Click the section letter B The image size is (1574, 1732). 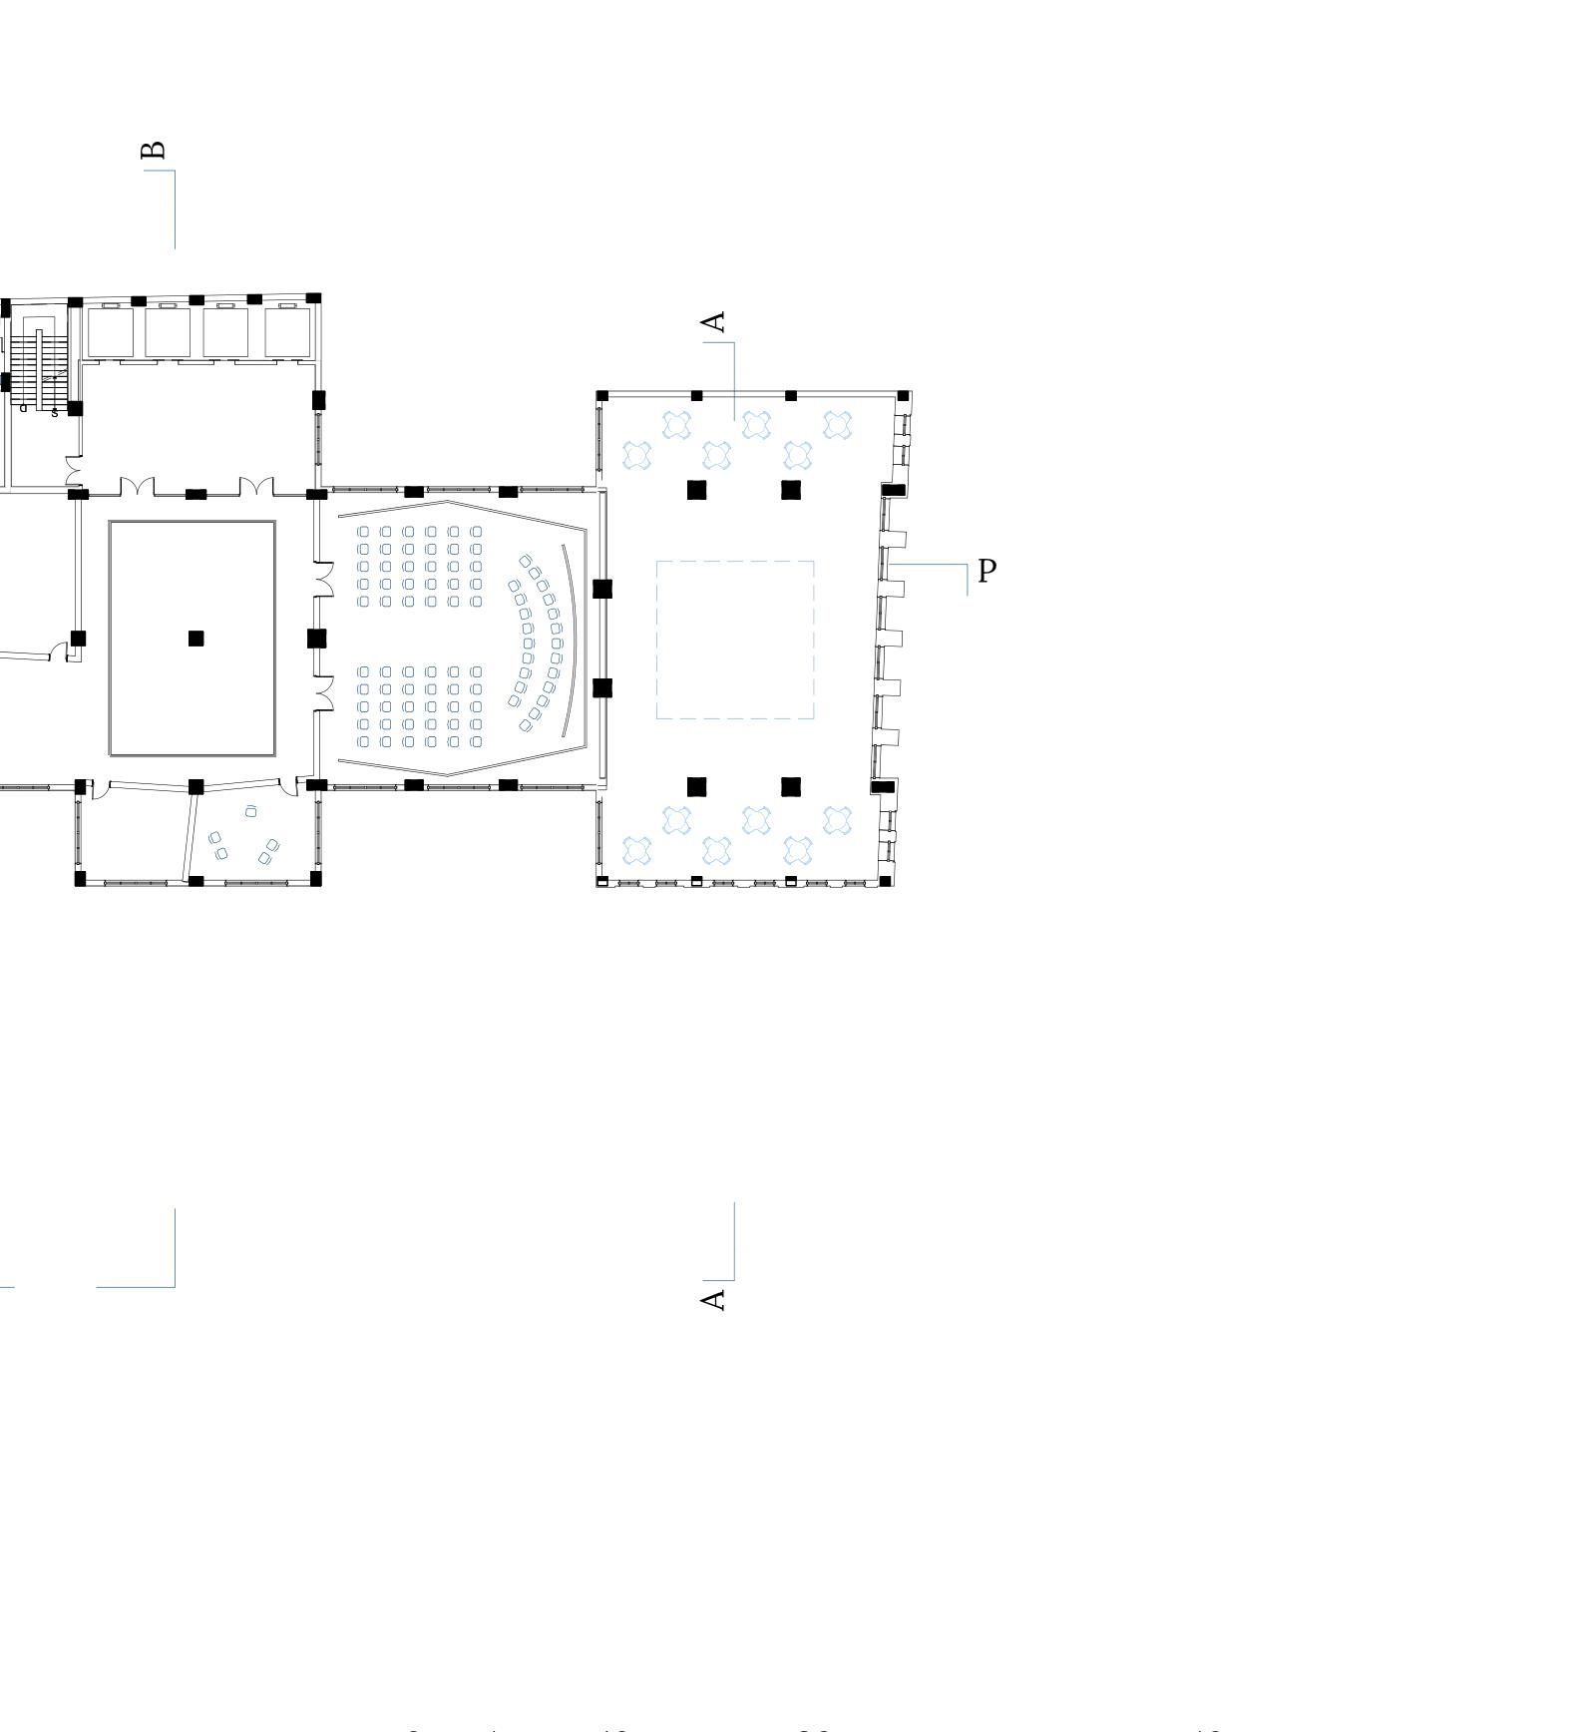coord(154,151)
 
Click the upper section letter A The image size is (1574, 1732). coord(713,322)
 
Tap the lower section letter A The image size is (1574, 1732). coord(713,1299)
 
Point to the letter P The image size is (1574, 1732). coord(987,571)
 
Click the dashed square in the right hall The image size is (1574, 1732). coord(735,640)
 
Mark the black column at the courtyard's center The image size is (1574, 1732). coord(196,639)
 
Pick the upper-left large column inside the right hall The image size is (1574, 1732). coord(696,490)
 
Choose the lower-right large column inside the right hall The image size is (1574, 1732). coord(791,787)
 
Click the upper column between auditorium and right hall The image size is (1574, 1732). coord(602,589)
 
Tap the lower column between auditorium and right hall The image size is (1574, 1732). coord(602,687)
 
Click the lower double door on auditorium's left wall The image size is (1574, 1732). coord(323,693)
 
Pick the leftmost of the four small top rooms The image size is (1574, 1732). coord(110,332)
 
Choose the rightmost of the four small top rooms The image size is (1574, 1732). coord(287,332)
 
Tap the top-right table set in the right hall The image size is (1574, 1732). coord(838,425)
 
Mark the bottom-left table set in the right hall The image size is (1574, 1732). coord(636,851)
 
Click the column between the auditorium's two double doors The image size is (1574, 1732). coord(316,639)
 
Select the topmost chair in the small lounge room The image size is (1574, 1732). coord(250,811)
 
